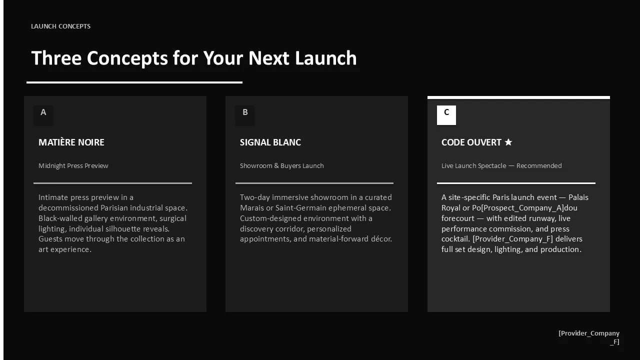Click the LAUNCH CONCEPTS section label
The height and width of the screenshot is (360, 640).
(60, 26)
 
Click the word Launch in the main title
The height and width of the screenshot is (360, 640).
(325, 58)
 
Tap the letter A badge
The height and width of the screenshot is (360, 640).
(43, 115)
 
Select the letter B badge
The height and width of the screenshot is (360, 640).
(245, 115)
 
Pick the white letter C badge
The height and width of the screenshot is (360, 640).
(446, 115)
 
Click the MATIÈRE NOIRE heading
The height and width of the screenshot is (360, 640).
(71, 142)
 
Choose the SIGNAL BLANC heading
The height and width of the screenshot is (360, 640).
(270, 142)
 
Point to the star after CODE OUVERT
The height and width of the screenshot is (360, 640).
(508, 142)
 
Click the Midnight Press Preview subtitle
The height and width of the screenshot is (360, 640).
(73, 165)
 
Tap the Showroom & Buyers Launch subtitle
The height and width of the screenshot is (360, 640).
(281, 165)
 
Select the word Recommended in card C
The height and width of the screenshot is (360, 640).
(539, 165)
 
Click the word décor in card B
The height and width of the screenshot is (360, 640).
(381, 239)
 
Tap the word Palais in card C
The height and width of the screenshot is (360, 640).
(578, 197)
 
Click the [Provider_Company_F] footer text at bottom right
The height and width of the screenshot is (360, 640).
(589, 337)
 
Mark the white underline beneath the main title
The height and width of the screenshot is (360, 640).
(134, 82)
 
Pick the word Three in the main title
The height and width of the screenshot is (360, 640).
(56, 58)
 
